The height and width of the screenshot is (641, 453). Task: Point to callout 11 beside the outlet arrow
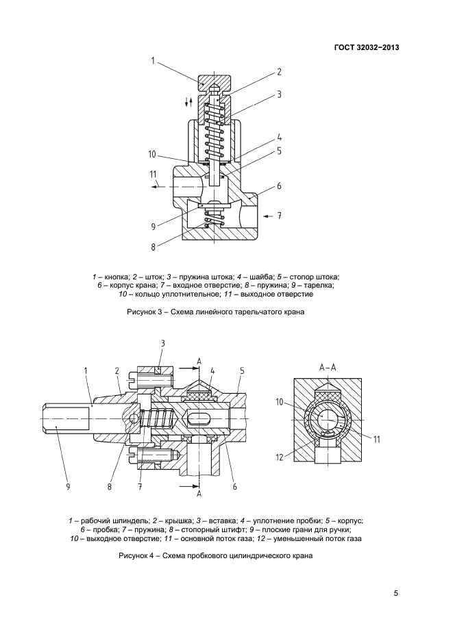coord(153,175)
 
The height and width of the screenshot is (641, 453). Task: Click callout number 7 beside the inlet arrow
coord(280,216)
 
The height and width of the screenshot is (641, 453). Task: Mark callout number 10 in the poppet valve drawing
coord(153,153)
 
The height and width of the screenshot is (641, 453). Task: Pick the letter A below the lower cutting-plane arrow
coord(199,493)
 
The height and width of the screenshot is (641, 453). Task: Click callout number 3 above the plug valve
coord(163,343)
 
